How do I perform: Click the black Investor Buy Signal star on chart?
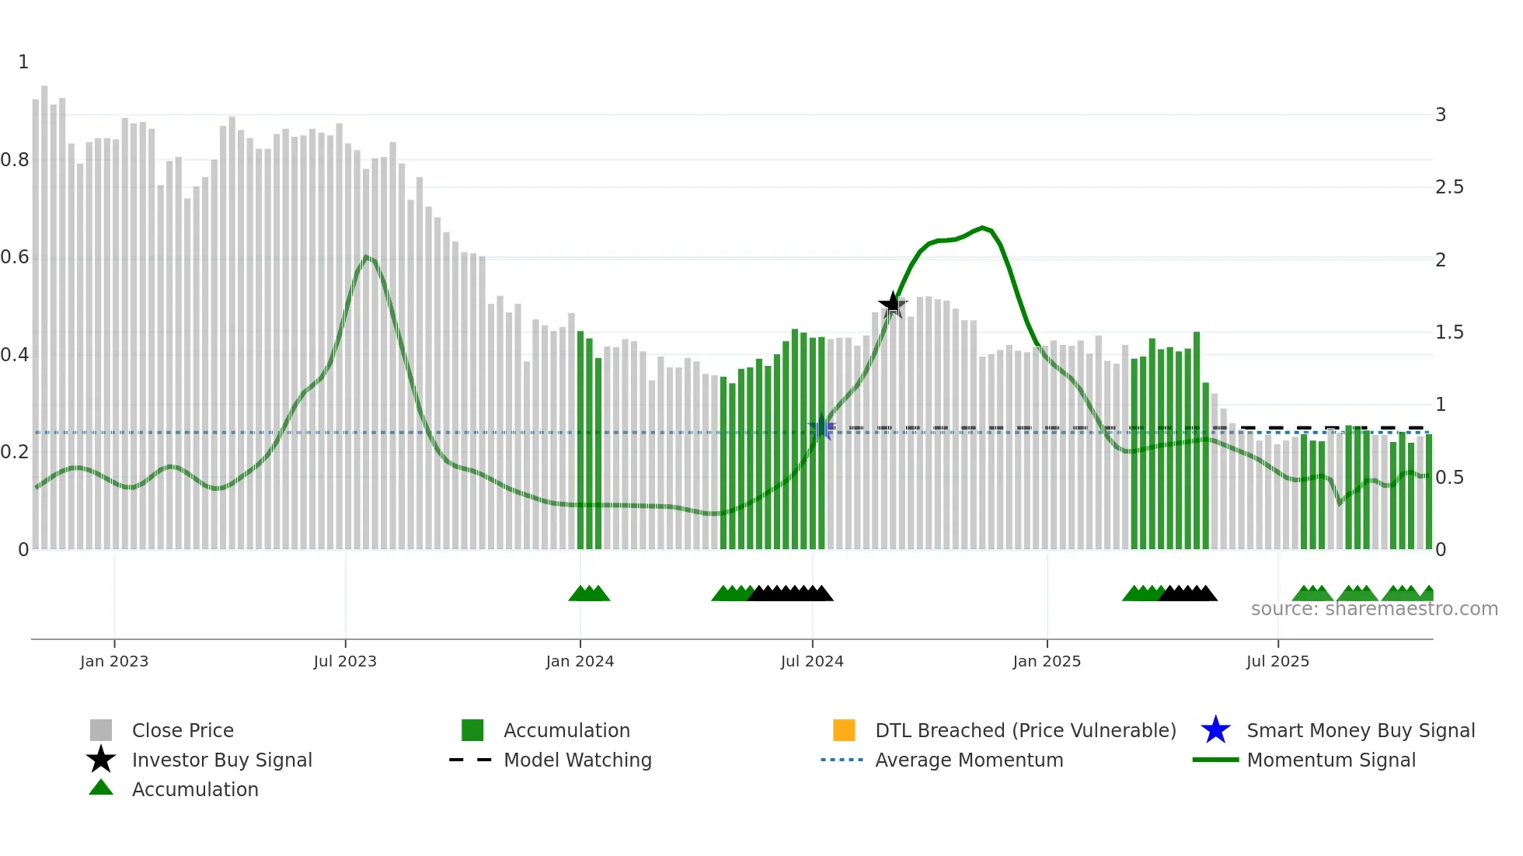pyautogui.click(x=893, y=304)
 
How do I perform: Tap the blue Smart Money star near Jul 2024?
pyautogui.click(x=822, y=427)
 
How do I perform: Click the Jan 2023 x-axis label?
pyautogui.click(x=114, y=661)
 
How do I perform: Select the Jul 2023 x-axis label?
pyautogui.click(x=345, y=661)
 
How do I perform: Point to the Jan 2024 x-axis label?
pyautogui.click(x=580, y=661)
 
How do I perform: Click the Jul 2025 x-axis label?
pyautogui.click(x=1277, y=661)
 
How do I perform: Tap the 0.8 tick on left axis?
pyautogui.click(x=15, y=160)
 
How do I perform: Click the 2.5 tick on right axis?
pyautogui.click(x=1449, y=187)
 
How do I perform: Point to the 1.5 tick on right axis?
pyautogui.click(x=1449, y=332)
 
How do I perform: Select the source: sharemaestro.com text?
pyautogui.click(x=1374, y=609)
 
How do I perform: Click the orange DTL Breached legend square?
pyautogui.click(x=844, y=730)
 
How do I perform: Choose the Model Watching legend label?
pyautogui.click(x=577, y=760)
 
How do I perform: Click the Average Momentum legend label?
pyautogui.click(x=969, y=760)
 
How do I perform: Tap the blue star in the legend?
pyautogui.click(x=1215, y=730)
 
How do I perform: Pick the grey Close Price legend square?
pyautogui.click(x=101, y=730)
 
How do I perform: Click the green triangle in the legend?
pyautogui.click(x=101, y=788)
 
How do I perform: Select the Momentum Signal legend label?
pyautogui.click(x=1331, y=760)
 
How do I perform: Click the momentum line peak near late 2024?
pyautogui.click(x=983, y=228)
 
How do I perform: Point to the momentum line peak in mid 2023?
pyautogui.click(x=366, y=256)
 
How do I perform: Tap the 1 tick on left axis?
pyautogui.click(x=23, y=62)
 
